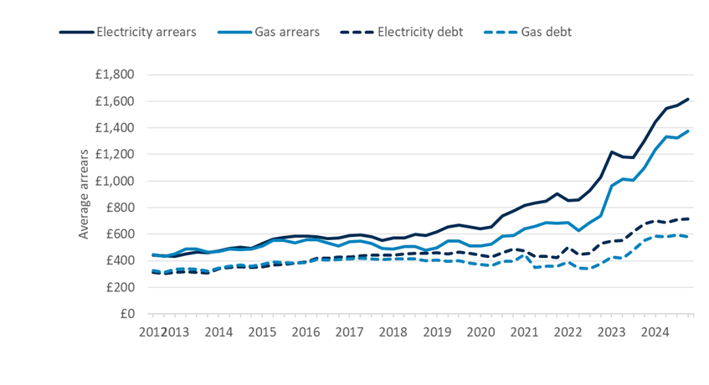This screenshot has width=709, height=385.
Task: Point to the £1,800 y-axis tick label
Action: (115, 74)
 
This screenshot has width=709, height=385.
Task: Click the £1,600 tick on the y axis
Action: (115, 101)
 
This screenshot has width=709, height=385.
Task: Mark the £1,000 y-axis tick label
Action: (115, 181)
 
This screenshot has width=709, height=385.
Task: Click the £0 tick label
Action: (126, 314)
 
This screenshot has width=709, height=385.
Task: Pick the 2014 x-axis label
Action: (218, 332)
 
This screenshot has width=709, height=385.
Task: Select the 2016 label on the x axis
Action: (306, 332)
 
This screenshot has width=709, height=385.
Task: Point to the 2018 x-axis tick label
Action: (393, 332)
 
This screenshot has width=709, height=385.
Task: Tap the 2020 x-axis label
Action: (480, 332)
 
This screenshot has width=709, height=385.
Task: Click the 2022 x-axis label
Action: (568, 332)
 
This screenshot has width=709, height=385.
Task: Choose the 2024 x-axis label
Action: (655, 332)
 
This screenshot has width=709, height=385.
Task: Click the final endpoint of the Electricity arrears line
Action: (688, 99)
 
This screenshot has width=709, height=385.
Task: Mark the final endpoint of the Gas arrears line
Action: (688, 131)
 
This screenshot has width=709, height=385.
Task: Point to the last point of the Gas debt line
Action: (688, 237)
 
